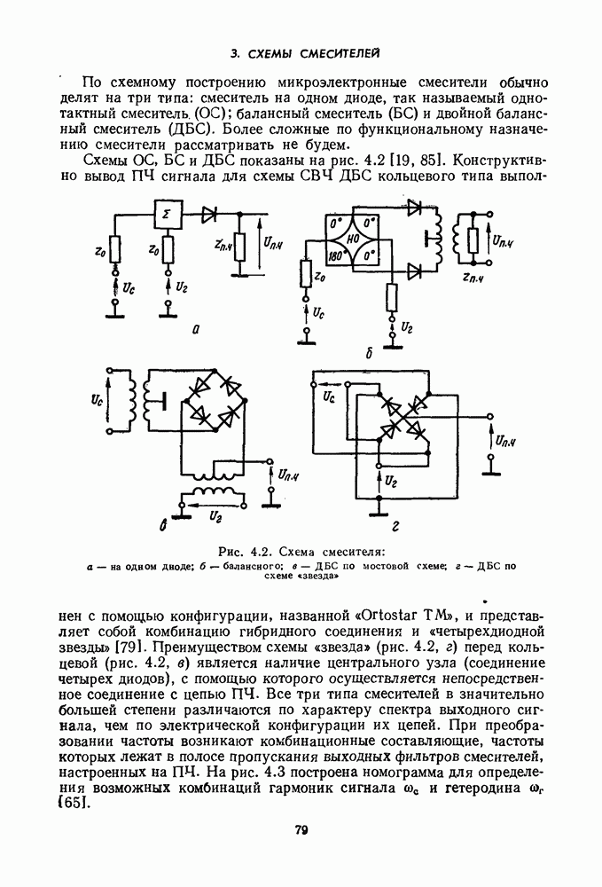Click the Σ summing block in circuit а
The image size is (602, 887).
(168, 215)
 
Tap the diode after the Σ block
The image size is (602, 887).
(209, 215)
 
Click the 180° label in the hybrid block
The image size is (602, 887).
(335, 255)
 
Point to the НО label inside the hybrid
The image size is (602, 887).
(352, 239)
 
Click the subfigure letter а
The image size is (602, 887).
(194, 329)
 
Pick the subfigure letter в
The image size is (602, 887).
(163, 527)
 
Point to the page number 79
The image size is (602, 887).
(301, 830)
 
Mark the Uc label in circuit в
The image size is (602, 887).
(97, 402)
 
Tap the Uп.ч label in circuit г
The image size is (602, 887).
(506, 440)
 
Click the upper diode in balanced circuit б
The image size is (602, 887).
(413, 214)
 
